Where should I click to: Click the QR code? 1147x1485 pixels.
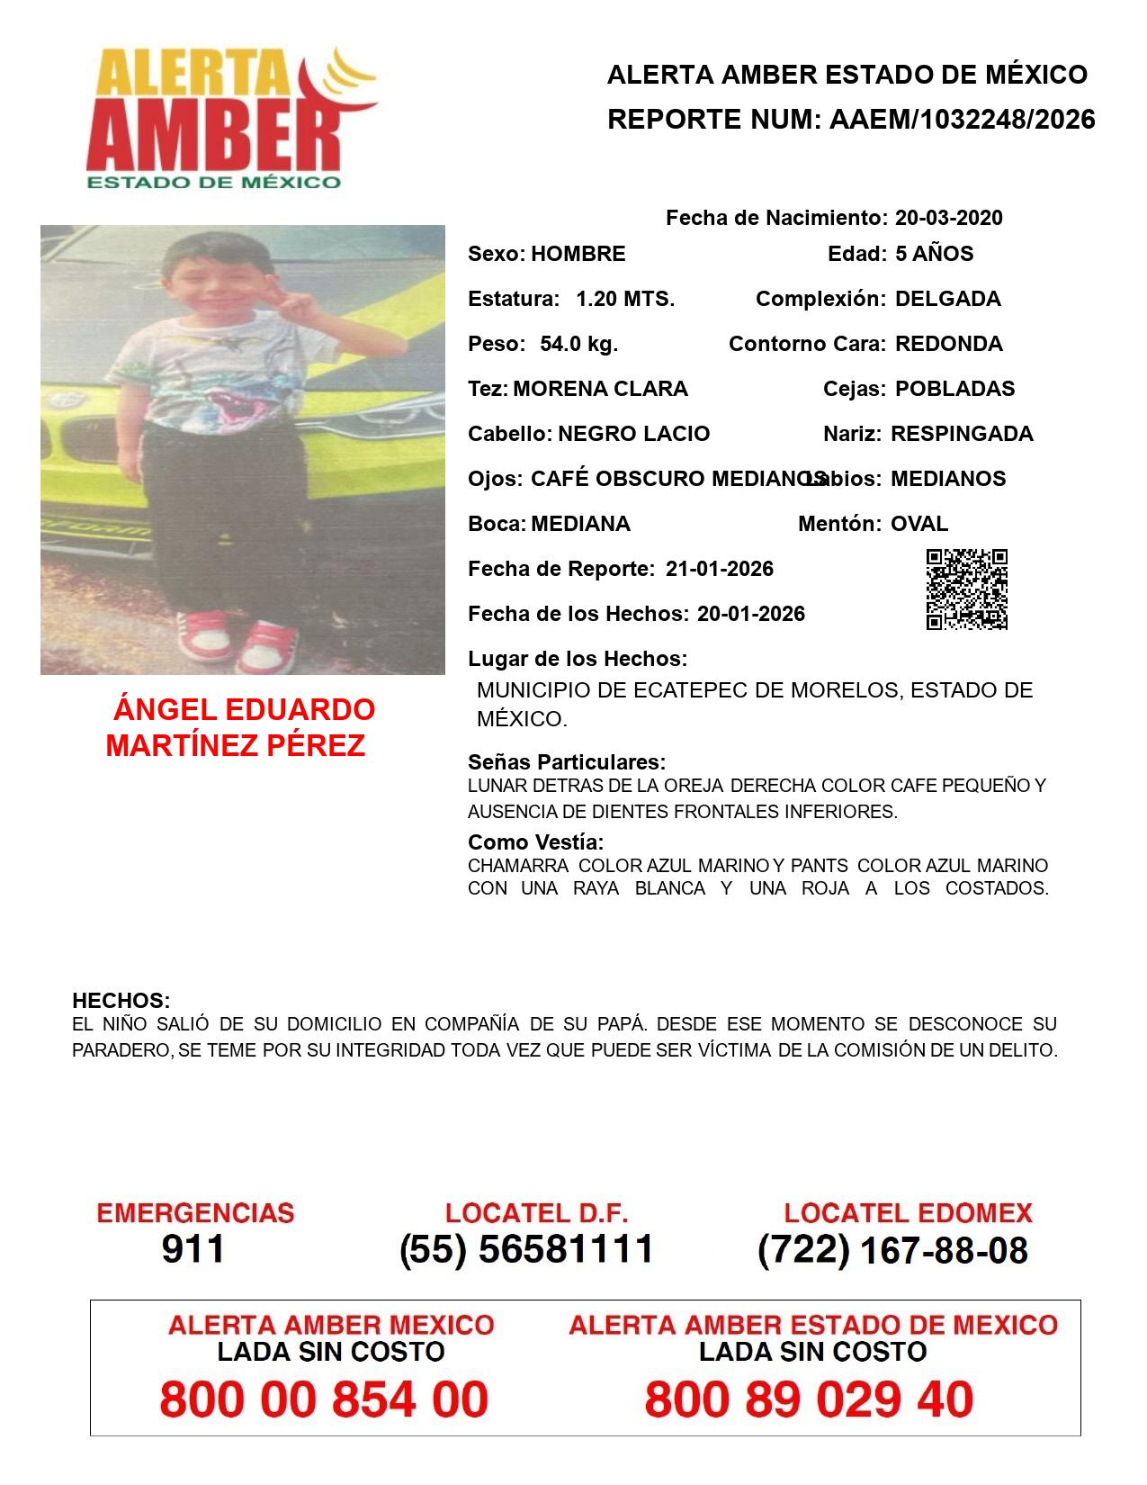967,589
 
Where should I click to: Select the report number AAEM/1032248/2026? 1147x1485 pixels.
962,120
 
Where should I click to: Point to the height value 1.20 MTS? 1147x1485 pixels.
625,299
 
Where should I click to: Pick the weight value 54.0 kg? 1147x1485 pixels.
578,344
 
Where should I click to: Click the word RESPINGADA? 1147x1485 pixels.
962,434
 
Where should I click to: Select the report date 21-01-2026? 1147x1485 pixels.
719,569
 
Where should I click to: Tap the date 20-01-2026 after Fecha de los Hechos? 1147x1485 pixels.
750,614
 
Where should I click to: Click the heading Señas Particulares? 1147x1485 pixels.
567,762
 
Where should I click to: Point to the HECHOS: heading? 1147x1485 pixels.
121,1001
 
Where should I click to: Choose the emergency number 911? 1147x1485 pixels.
193,1249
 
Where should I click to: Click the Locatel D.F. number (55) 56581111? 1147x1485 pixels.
526,1249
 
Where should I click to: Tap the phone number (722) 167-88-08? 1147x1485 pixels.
892,1250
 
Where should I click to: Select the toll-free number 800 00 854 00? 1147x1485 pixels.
324,1399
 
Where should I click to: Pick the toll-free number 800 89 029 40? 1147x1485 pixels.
809,1399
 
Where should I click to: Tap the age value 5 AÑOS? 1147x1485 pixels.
934,254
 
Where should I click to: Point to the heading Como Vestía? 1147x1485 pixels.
535,842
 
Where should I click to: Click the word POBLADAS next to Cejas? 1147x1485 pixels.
954,389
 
